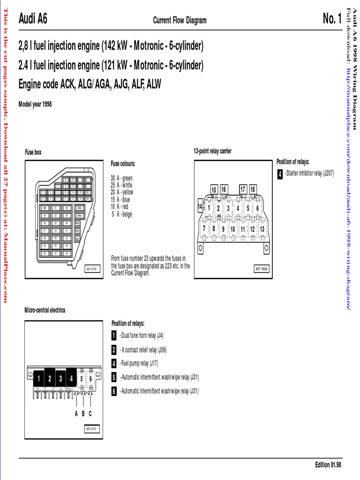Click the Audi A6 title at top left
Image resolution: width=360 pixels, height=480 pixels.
coord(33,19)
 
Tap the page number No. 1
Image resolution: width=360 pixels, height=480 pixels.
coord(332,19)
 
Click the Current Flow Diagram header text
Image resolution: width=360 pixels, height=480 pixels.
coord(180,20)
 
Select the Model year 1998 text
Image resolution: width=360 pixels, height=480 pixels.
coord(35,104)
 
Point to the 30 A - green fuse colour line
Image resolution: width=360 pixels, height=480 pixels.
coord(122,178)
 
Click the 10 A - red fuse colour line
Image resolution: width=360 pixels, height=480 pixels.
coord(120,206)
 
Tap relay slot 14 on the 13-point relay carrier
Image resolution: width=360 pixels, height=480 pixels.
coord(200,206)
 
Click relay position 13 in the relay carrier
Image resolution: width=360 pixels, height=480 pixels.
coord(262,229)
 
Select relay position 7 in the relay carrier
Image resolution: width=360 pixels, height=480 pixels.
coord(204,228)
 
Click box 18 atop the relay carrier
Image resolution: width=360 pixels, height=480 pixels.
coord(253,189)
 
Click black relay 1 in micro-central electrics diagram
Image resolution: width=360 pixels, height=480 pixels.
coord(38,379)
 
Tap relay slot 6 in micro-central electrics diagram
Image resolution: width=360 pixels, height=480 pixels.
coord(90,379)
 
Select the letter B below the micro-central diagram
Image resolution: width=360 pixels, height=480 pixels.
coord(83,413)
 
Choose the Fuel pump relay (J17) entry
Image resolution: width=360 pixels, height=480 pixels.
coord(139,363)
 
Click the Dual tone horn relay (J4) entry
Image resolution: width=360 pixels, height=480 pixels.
coord(142,336)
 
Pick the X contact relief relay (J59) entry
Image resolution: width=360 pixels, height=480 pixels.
coord(143,350)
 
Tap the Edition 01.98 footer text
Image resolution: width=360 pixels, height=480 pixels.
coord(328,465)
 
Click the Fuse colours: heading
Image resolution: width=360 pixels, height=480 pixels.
coord(123,164)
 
